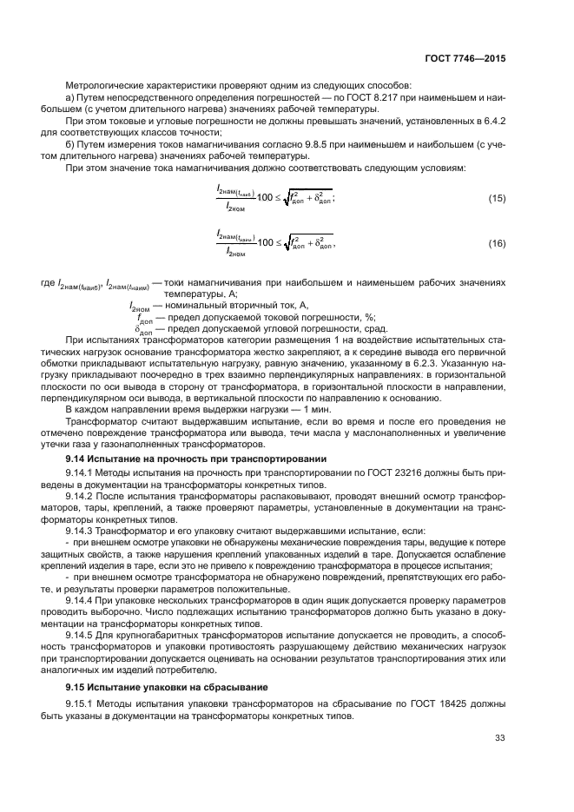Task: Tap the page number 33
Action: (499, 738)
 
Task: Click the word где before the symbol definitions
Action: (47, 283)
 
